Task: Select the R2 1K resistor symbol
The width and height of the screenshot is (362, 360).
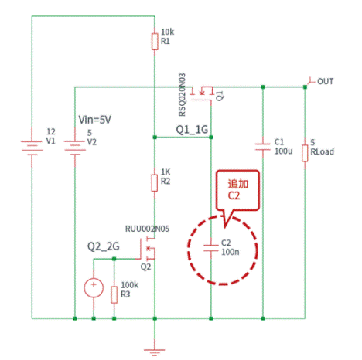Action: (x=155, y=183)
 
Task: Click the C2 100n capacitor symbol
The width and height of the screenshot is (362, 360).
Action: (x=210, y=247)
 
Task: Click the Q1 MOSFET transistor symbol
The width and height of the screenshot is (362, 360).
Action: (x=204, y=91)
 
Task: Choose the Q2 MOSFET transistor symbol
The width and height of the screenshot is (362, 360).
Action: (x=149, y=250)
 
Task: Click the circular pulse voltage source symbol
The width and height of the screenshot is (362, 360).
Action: (x=93, y=287)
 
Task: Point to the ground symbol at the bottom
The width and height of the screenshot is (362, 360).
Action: (x=155, y=348)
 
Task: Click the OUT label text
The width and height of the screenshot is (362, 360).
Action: (x=326, y=81)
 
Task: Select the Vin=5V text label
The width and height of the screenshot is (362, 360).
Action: (x=97, y=120)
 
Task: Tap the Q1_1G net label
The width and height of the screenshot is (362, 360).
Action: (x=192, y=128)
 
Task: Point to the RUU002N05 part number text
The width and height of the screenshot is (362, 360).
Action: (x=148, y=229)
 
